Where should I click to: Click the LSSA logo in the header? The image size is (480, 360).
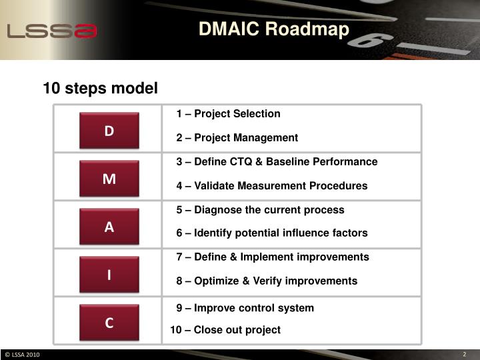(52, 31)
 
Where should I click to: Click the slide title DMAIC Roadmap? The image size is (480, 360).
(273, 30)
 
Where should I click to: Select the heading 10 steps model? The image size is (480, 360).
(100, 88)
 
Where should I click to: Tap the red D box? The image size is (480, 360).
(109, 131)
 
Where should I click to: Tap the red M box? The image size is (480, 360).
(109, 179)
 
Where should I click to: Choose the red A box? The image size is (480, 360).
(109, 227)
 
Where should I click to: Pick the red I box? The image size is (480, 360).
(109, 275)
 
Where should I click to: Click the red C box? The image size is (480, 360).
(109, 323)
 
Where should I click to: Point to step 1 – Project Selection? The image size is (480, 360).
(228, 114)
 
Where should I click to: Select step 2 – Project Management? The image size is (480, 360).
(237, 138)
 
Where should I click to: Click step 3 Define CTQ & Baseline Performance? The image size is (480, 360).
(277, 162)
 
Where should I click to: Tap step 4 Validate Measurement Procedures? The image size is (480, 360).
(271, 186)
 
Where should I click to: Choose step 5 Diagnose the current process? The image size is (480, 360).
(260, 210)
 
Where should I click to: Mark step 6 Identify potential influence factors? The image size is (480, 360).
(271, 233)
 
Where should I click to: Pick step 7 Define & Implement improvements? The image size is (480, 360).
(272, 257)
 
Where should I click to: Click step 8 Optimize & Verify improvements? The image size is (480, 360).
(267, 281)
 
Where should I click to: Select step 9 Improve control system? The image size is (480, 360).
(245, 308)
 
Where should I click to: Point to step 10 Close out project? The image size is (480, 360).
(225, 330)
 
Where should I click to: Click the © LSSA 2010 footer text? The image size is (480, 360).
(22, 354)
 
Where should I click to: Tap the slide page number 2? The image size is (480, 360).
(463, 354)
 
